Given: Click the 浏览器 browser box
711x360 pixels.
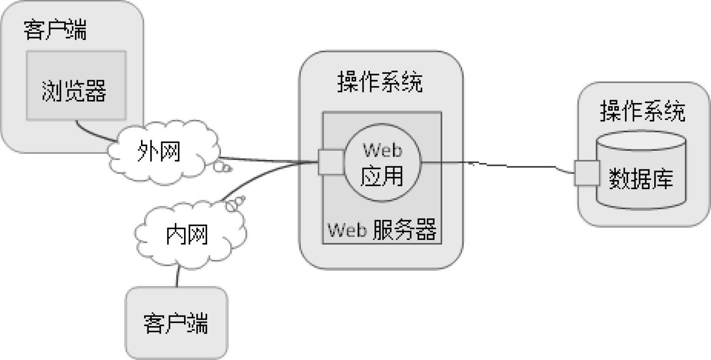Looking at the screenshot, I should (76, 86).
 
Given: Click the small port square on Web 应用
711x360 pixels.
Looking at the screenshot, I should (331, 162).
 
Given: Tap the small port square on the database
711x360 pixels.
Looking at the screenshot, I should (586, 173).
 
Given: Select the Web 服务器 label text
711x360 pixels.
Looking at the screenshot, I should (381, 230).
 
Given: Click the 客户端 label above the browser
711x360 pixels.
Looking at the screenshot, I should (55, 30).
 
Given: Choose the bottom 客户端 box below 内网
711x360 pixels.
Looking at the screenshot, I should (176, 322).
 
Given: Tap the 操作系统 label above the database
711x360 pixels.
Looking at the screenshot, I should (643, 111).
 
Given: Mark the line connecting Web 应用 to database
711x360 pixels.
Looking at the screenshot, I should (494, 164).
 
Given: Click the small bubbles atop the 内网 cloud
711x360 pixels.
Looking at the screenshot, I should (235, 203).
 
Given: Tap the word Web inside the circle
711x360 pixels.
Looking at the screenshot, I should (382, 150).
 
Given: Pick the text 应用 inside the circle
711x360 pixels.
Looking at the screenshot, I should (382, 175).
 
